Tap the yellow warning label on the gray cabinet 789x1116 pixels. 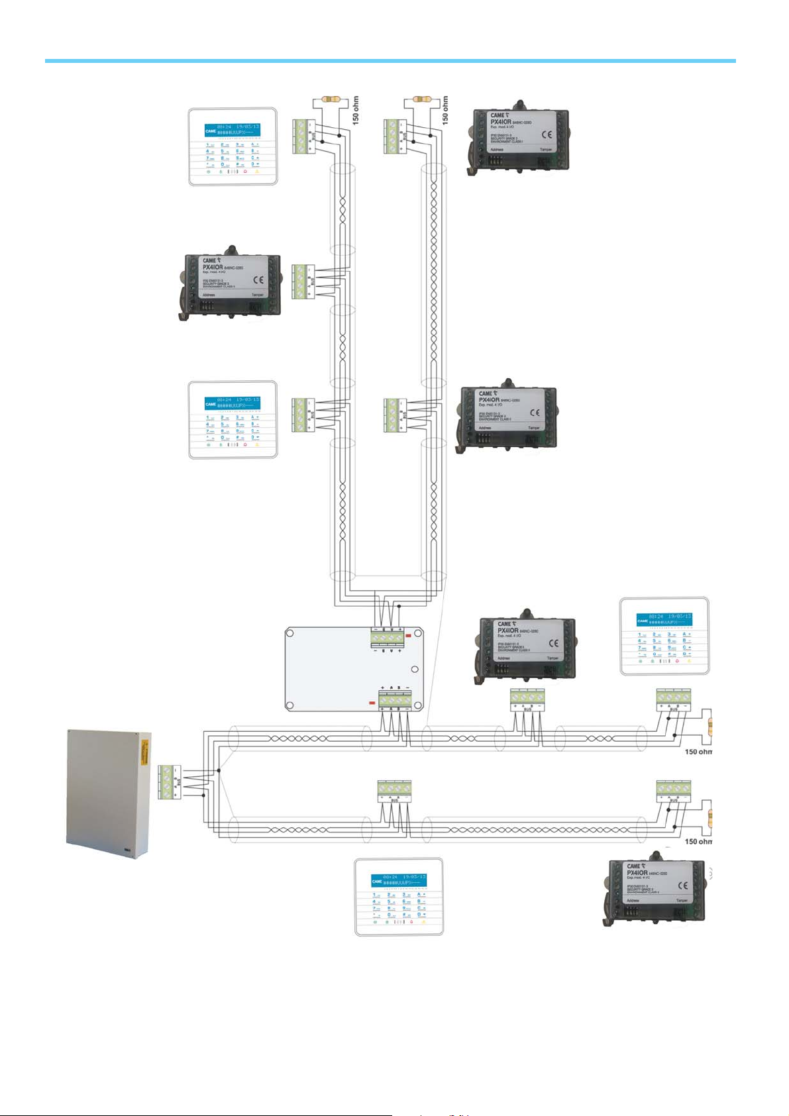pos(144,754)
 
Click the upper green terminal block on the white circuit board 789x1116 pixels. pos(387,637)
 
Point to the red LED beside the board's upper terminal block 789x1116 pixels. pos(408,636)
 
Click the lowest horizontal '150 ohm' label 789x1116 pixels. pos(698,842)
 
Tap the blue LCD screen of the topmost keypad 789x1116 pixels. pos(232,128)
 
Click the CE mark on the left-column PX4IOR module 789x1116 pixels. pos(258,279)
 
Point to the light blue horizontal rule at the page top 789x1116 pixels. pos(390,61)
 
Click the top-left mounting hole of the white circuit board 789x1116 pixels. pos(290,633)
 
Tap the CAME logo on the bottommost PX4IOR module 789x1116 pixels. pos(633,866)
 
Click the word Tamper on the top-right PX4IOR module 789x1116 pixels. pos(546,150)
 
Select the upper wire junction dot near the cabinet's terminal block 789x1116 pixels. pos(218,770)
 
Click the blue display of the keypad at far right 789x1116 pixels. pos(664,619)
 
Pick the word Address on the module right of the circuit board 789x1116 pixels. pos(503,658)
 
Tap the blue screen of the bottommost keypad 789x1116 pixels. pos(399,880)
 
